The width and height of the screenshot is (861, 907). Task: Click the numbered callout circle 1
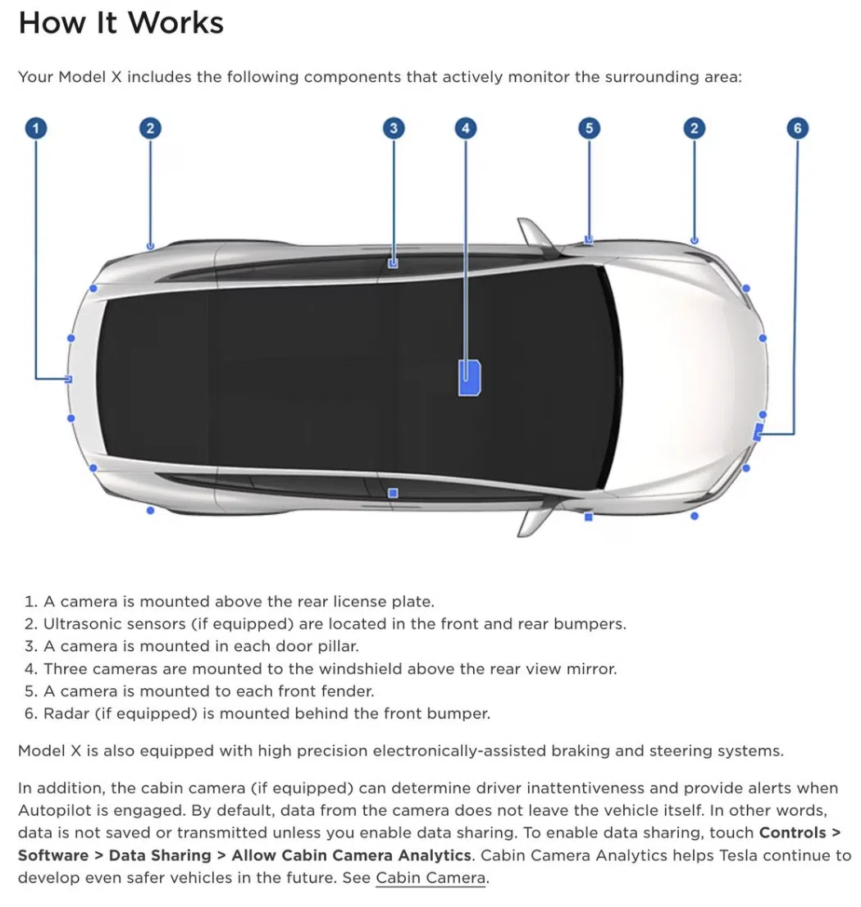[36, 128]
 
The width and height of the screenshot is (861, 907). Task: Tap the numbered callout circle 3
[394, 128]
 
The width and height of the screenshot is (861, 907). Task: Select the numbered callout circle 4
[466, 128]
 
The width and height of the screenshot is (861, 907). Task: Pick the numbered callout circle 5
[590, 128]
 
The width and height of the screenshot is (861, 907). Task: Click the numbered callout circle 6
[797, 128]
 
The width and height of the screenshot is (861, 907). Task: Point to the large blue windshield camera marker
[469, 378]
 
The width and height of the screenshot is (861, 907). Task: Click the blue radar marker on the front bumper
[758, 431]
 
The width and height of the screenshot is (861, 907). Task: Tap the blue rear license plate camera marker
[68, 380]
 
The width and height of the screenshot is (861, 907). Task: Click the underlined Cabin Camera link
[430, 877]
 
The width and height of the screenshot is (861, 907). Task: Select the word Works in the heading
[175, 23]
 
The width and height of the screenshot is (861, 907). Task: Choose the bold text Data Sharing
[160, 855]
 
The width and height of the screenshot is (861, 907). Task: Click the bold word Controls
[792, 832]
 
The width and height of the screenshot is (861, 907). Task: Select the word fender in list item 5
[346, 691]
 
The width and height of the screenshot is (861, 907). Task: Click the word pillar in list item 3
[338, 646]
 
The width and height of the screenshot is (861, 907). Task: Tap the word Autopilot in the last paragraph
[55, 810]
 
